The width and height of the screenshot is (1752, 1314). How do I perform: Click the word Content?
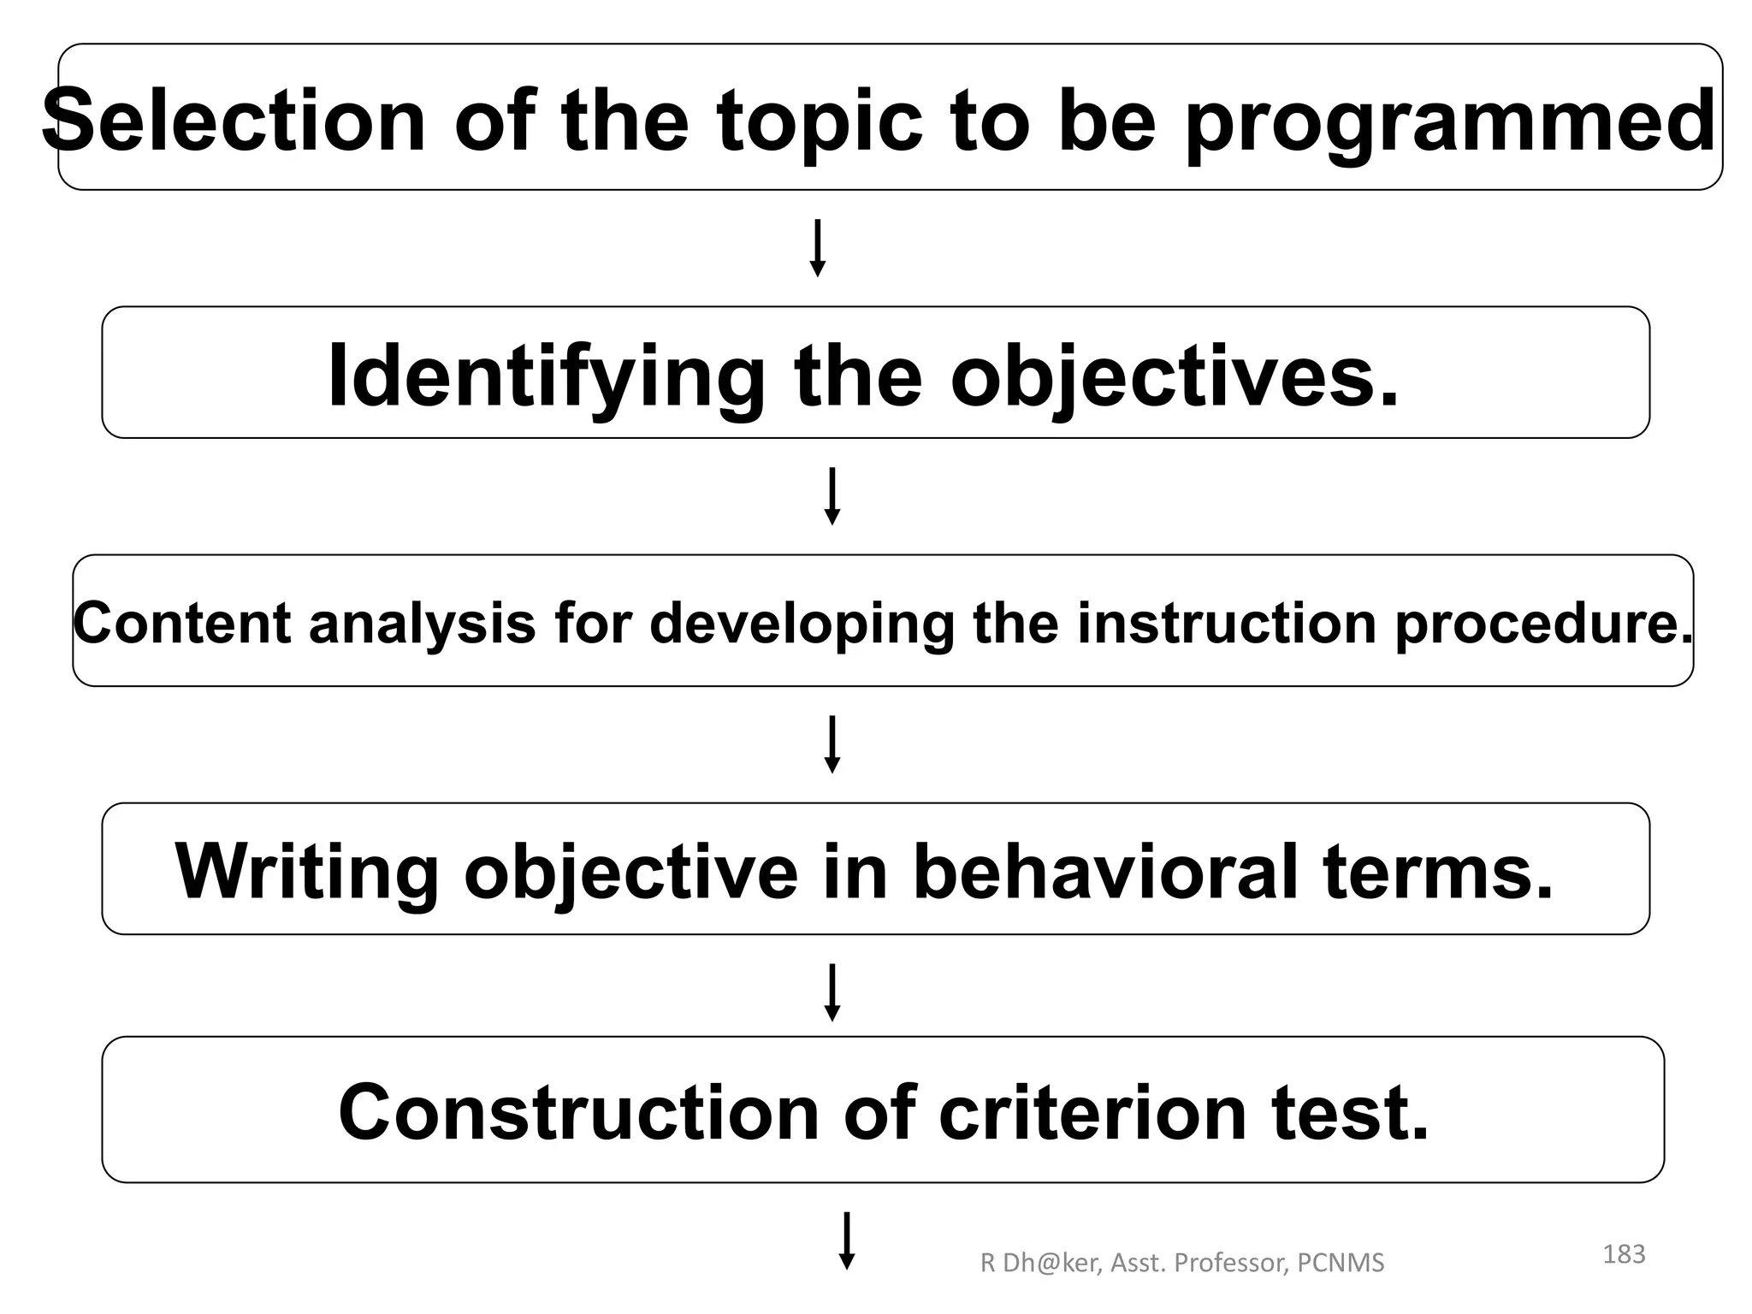(x=182, y=623)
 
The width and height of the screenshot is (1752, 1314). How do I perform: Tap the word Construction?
(x=579, y=1112)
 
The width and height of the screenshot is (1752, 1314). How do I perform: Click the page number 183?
(x=1624, y=1254)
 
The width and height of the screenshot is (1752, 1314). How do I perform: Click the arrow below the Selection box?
(x=818, y=248)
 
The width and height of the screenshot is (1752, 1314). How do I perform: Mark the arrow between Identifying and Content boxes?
(x=832, y=496)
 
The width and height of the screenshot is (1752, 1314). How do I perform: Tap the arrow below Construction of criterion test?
(x=847, y=1241)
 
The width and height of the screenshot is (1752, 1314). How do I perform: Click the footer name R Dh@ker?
(x=1039, y=1263)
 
